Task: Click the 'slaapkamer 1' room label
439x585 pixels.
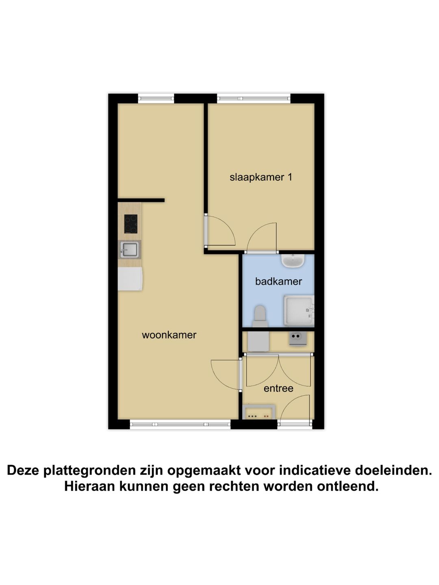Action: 261,177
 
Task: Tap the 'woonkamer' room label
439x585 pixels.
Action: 169,335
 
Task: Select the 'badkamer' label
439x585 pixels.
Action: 278,281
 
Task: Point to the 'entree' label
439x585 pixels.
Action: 278,388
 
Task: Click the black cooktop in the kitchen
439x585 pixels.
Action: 130,224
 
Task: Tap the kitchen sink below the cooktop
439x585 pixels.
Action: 130,249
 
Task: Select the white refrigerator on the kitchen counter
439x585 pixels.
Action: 130,279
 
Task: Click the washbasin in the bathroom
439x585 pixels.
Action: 293,261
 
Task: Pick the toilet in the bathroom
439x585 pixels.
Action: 260,316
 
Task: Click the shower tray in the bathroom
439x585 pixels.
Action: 299,311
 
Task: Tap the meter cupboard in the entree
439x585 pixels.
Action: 259,412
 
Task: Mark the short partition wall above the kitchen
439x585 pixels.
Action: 141,200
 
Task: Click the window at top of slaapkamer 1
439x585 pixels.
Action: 254,98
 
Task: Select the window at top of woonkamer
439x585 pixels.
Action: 156,98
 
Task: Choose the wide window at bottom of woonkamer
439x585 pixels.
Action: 180,425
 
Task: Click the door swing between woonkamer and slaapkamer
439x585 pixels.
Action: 219,232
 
